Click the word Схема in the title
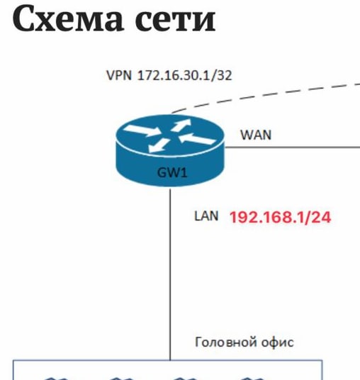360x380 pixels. pos(67,19)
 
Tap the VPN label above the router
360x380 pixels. pos(119,75)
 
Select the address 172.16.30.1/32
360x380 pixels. pos(184,75)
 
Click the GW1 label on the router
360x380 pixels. pos(172,173)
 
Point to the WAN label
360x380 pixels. pos(256,135)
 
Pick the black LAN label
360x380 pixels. pos(206,216)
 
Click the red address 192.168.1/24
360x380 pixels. pos(280,217)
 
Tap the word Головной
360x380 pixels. pos(226,342)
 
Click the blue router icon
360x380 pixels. pos(170,150)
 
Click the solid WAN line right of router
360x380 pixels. pos(293,147)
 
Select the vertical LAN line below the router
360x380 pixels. pos(170,274)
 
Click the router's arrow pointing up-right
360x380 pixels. pos(181,125)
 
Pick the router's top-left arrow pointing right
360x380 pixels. pos(142,130)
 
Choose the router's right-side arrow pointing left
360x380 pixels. pos(198,139)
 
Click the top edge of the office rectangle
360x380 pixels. pos(167,361)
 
